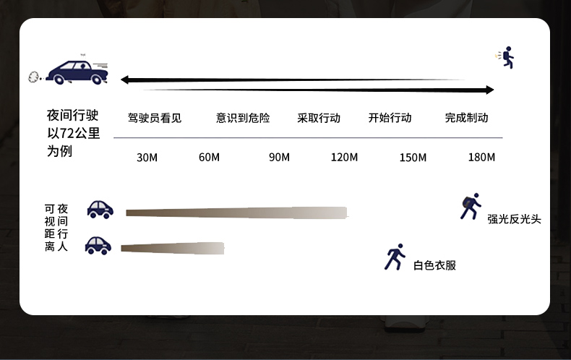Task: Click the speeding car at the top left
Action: point(77,71)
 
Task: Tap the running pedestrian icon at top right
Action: point(507,57)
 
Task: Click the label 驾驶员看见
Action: point(155,118)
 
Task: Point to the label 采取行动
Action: point(319,118)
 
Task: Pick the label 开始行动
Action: point(390,118)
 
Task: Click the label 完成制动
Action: point(466,118)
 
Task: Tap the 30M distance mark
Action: point(147,158)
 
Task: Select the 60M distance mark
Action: point(209,158)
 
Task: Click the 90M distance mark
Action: point(279,158)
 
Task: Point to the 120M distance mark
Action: point(344,158)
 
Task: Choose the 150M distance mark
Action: point(413,158)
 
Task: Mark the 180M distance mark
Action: point(481,158)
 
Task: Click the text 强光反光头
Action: point(514,219)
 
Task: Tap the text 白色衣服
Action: point(434,265)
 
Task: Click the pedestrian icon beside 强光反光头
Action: point(471,207)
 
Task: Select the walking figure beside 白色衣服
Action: point(395,257)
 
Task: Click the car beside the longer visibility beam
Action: point(100,209)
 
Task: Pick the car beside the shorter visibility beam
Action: point(98,246)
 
